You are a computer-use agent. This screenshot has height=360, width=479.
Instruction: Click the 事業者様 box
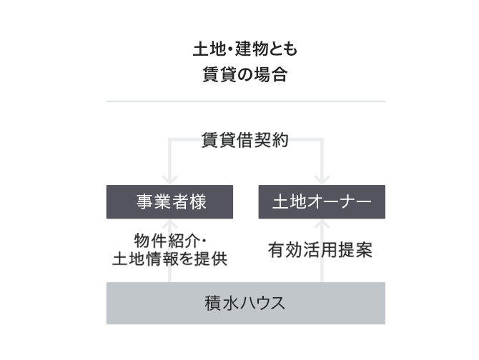(169, 201)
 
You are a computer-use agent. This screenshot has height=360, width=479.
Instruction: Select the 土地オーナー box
(322, 201)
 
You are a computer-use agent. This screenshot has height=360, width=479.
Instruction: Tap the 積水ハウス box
(246, 303)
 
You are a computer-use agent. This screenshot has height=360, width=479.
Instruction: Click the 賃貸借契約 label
(245, 140)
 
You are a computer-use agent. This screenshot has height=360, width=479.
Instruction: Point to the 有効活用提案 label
(320, 250)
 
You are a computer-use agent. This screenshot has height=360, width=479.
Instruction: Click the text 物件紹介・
(170, 241)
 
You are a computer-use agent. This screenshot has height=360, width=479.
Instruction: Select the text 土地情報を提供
(170, 259)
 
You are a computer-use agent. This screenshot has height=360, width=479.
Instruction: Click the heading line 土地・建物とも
(245, 49)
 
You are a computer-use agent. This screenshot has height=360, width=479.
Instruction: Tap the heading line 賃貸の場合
(245, 74)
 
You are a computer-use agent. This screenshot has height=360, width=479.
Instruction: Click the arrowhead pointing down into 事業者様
(170, 180)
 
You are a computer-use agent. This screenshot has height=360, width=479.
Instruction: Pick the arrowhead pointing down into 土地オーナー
(322, 180)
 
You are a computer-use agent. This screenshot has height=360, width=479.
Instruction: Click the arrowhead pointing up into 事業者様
(170, 224)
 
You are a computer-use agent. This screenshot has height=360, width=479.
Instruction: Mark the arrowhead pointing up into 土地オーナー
(322, 224)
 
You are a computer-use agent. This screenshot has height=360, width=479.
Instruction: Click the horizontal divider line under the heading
(246, 101)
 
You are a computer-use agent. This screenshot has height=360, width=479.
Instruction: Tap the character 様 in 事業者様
(198, 201)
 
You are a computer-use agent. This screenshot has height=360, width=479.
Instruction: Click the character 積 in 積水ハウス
(213, 304)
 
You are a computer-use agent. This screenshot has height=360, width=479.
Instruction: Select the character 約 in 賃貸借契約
(280, 140)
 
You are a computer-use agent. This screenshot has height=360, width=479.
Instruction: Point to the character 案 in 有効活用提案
(364, 250)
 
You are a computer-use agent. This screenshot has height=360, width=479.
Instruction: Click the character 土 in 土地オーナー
(280, 201)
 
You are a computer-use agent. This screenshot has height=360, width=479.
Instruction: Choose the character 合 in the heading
(280, 74)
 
